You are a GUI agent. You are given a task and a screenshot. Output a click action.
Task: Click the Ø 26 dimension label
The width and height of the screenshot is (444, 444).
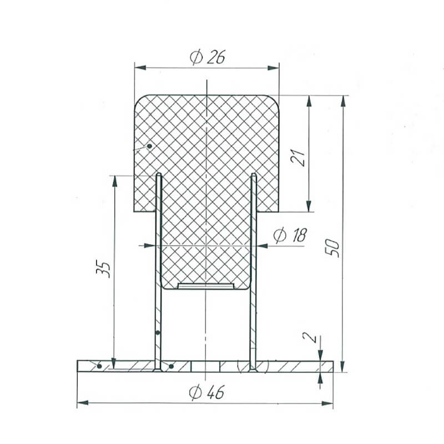click(x=207, y=57)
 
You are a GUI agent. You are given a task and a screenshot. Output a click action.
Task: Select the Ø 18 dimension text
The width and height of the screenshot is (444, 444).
click(x=290, y=235)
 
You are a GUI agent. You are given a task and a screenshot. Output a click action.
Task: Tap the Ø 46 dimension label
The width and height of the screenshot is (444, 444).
click(x=206, y=392)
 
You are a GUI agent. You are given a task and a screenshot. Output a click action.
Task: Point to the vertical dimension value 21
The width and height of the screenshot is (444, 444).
click(x=298, y=157)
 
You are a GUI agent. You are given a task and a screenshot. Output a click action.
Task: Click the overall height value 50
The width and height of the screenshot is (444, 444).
click(x=332, y=248)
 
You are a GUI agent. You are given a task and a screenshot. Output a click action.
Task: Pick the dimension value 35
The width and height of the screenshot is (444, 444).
click(x=103, y=269)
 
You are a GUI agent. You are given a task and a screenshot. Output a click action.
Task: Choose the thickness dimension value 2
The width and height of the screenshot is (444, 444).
click(x=310, y=337)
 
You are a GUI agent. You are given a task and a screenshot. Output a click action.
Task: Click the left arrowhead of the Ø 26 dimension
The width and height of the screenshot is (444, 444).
click(x=140, y=68)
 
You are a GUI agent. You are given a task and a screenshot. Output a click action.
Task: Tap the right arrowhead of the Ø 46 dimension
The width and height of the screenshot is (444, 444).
click(x=327, y=403)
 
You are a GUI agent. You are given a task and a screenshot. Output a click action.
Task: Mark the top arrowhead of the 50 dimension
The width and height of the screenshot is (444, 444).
click(x=343, y=101)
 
